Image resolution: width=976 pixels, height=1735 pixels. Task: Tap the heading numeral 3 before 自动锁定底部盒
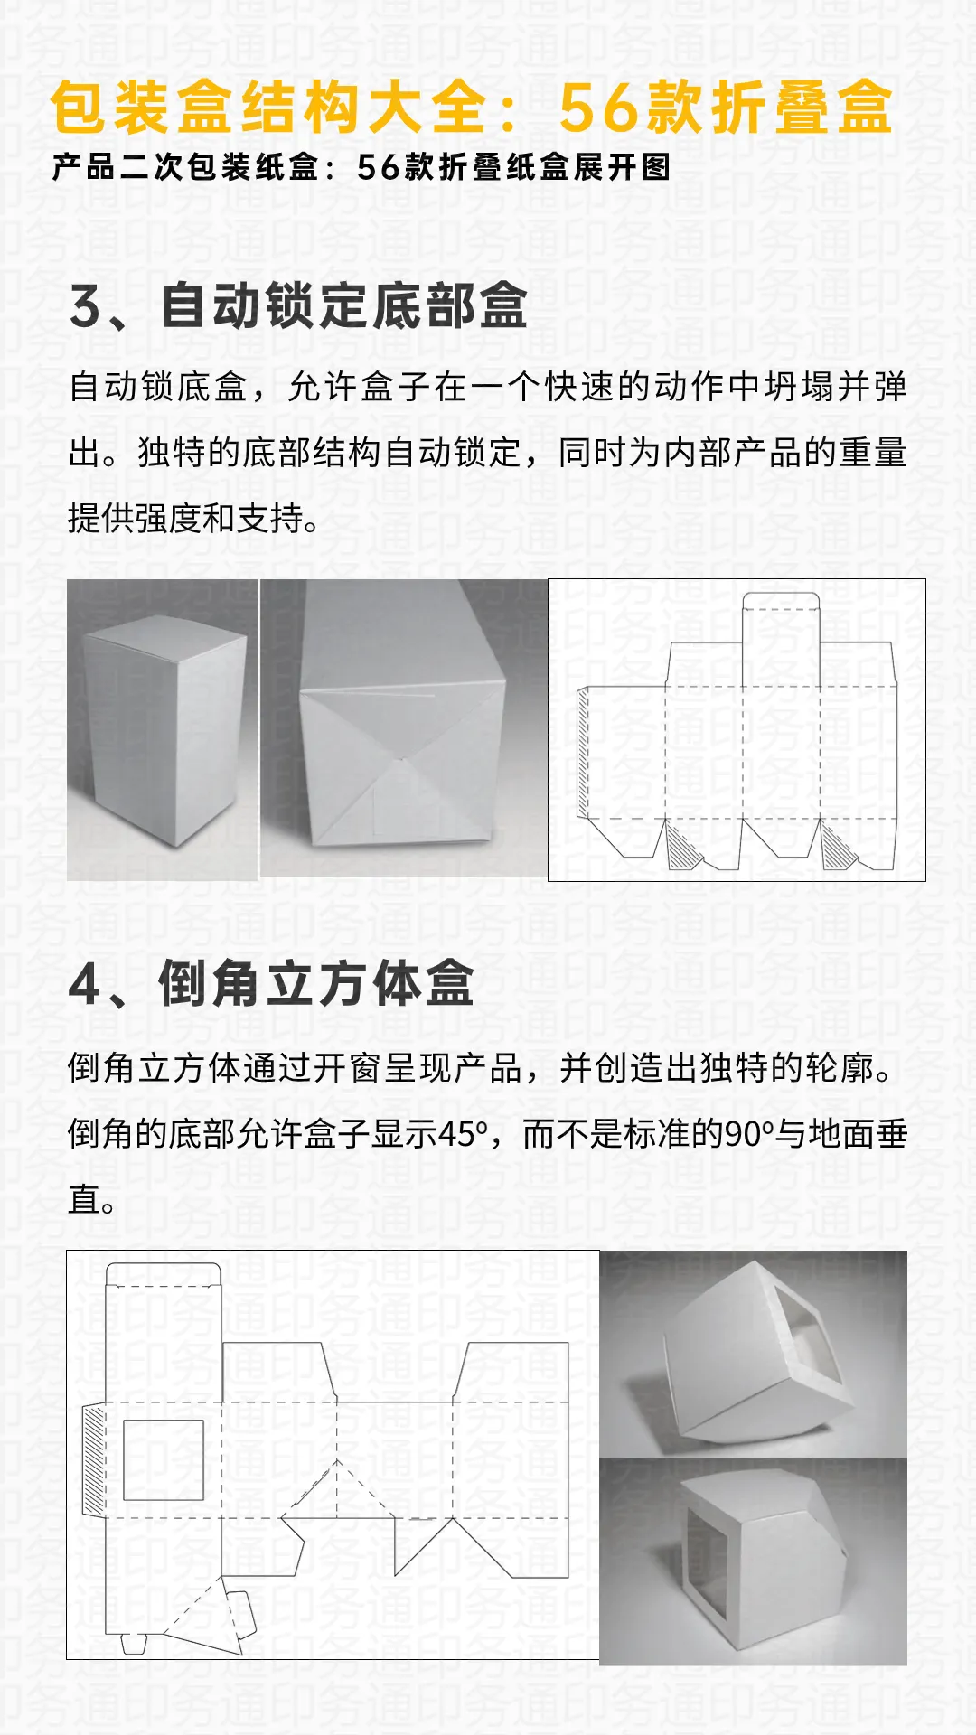pos(86,306)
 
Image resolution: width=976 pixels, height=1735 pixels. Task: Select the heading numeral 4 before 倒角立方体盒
pos(85,984)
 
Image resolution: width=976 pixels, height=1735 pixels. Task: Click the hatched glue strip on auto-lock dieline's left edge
pos(583,752)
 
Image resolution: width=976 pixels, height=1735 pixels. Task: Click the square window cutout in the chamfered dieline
pos(164,1459)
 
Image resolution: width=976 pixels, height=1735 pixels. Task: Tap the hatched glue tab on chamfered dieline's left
pos(93,1459)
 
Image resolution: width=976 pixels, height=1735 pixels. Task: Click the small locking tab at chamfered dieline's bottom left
pos(134,1644)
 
